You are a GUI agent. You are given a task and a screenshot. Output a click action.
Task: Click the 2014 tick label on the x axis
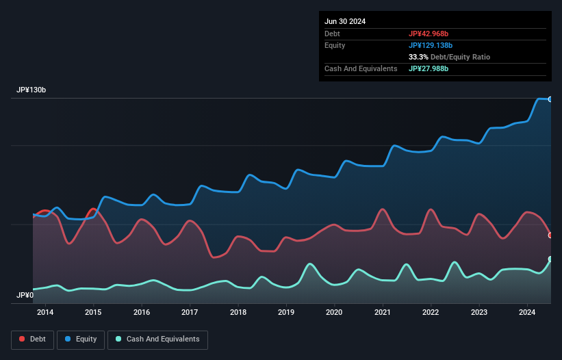pos(45,313)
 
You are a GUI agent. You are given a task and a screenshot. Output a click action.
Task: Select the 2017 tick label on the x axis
pos(190,313)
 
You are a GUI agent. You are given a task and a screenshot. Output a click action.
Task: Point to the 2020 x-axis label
pos(334,313)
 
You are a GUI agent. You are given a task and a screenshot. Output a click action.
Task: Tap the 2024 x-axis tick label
pos(527,313)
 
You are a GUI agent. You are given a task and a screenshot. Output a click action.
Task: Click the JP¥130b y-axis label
pos(31,90)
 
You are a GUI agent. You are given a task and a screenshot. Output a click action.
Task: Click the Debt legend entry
pos(34,339)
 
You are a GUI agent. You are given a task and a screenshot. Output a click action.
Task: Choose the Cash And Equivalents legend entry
pos(157,339)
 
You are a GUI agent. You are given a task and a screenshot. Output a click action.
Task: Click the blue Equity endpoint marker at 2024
pos(550,99)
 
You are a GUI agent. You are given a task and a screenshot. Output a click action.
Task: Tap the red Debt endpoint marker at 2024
pos(550,235)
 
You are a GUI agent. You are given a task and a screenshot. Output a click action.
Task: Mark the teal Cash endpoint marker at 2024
pos(550,259)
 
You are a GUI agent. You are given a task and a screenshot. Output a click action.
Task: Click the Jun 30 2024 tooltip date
pos(345,21)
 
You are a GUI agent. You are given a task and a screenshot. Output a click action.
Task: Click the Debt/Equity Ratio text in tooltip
pos(461,57)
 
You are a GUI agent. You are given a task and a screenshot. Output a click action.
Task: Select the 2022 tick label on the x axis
pos(431,313)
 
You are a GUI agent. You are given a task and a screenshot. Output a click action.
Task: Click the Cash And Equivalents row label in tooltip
pos(361,68)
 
